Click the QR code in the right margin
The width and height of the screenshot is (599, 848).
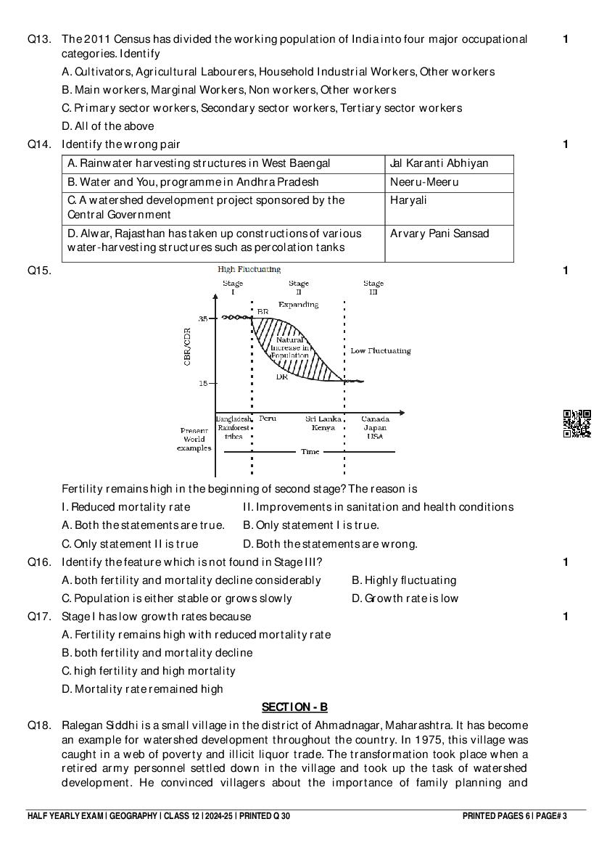577,424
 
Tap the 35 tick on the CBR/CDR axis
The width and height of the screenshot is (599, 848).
204,318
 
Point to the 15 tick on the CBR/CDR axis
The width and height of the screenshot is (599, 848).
204,383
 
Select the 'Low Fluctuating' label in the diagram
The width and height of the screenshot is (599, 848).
380,351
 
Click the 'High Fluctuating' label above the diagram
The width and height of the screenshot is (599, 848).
249,269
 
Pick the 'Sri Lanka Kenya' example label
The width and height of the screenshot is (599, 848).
320,423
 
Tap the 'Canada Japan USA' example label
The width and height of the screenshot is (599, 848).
375,427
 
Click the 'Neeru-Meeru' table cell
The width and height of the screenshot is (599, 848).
424,182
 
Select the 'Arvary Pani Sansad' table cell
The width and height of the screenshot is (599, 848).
439,234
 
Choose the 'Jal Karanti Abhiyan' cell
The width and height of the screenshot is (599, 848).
439,163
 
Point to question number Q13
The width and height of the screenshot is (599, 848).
39,39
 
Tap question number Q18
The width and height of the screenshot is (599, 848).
39,725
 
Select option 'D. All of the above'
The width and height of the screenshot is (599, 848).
108,126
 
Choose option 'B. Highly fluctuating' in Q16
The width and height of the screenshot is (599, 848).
404,580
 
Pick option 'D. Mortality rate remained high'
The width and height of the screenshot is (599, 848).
143,689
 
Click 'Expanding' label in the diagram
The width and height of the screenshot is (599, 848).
298,305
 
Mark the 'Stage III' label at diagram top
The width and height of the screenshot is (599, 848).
373,287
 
